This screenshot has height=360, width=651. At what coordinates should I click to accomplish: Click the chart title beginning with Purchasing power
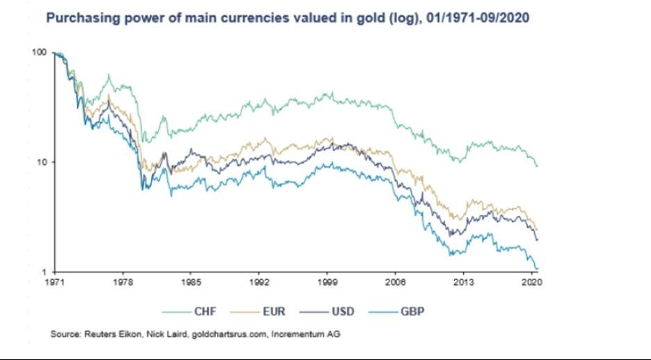[x=287, y=16]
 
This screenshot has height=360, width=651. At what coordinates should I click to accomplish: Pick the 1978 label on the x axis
[x=122, y=282]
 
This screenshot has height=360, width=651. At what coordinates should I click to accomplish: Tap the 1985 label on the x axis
[x=191, y=282]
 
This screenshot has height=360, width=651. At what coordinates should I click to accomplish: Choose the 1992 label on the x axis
[x=259, y=282]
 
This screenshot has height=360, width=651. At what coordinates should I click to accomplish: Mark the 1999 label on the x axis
[x=327, y=282]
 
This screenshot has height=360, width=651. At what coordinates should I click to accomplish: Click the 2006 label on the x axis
[x=395, y=282]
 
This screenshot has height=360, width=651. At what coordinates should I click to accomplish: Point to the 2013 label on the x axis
[x=463, y=282]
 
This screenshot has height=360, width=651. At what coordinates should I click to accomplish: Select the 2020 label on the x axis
[x=531, y=282]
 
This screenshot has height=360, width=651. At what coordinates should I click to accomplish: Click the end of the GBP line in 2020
[x=538, y=269]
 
